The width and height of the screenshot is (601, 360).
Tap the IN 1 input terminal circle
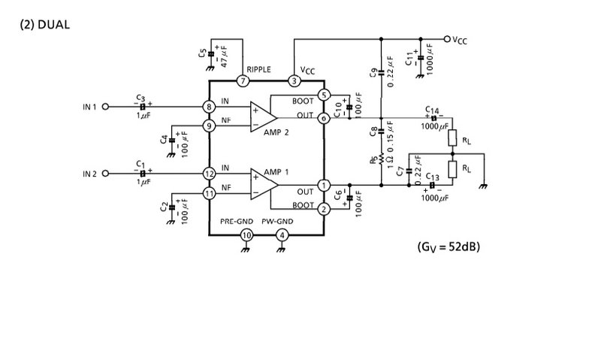click(105, 107)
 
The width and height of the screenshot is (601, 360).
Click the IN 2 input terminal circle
click(105, 174)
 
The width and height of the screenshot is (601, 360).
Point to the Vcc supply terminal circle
click(447, 39)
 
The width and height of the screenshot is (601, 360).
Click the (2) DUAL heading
click(45, 25)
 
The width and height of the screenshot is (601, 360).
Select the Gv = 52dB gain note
click(448, 247)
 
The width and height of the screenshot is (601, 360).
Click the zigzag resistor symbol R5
click(381, 159)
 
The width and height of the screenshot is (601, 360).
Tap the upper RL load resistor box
click(452, 138)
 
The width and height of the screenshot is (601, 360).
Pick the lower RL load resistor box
click(452, 169)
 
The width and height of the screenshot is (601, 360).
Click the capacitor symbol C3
click(143, 107)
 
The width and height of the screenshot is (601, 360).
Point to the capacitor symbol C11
click(421, 58)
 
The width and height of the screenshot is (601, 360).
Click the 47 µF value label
click(225, 56)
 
